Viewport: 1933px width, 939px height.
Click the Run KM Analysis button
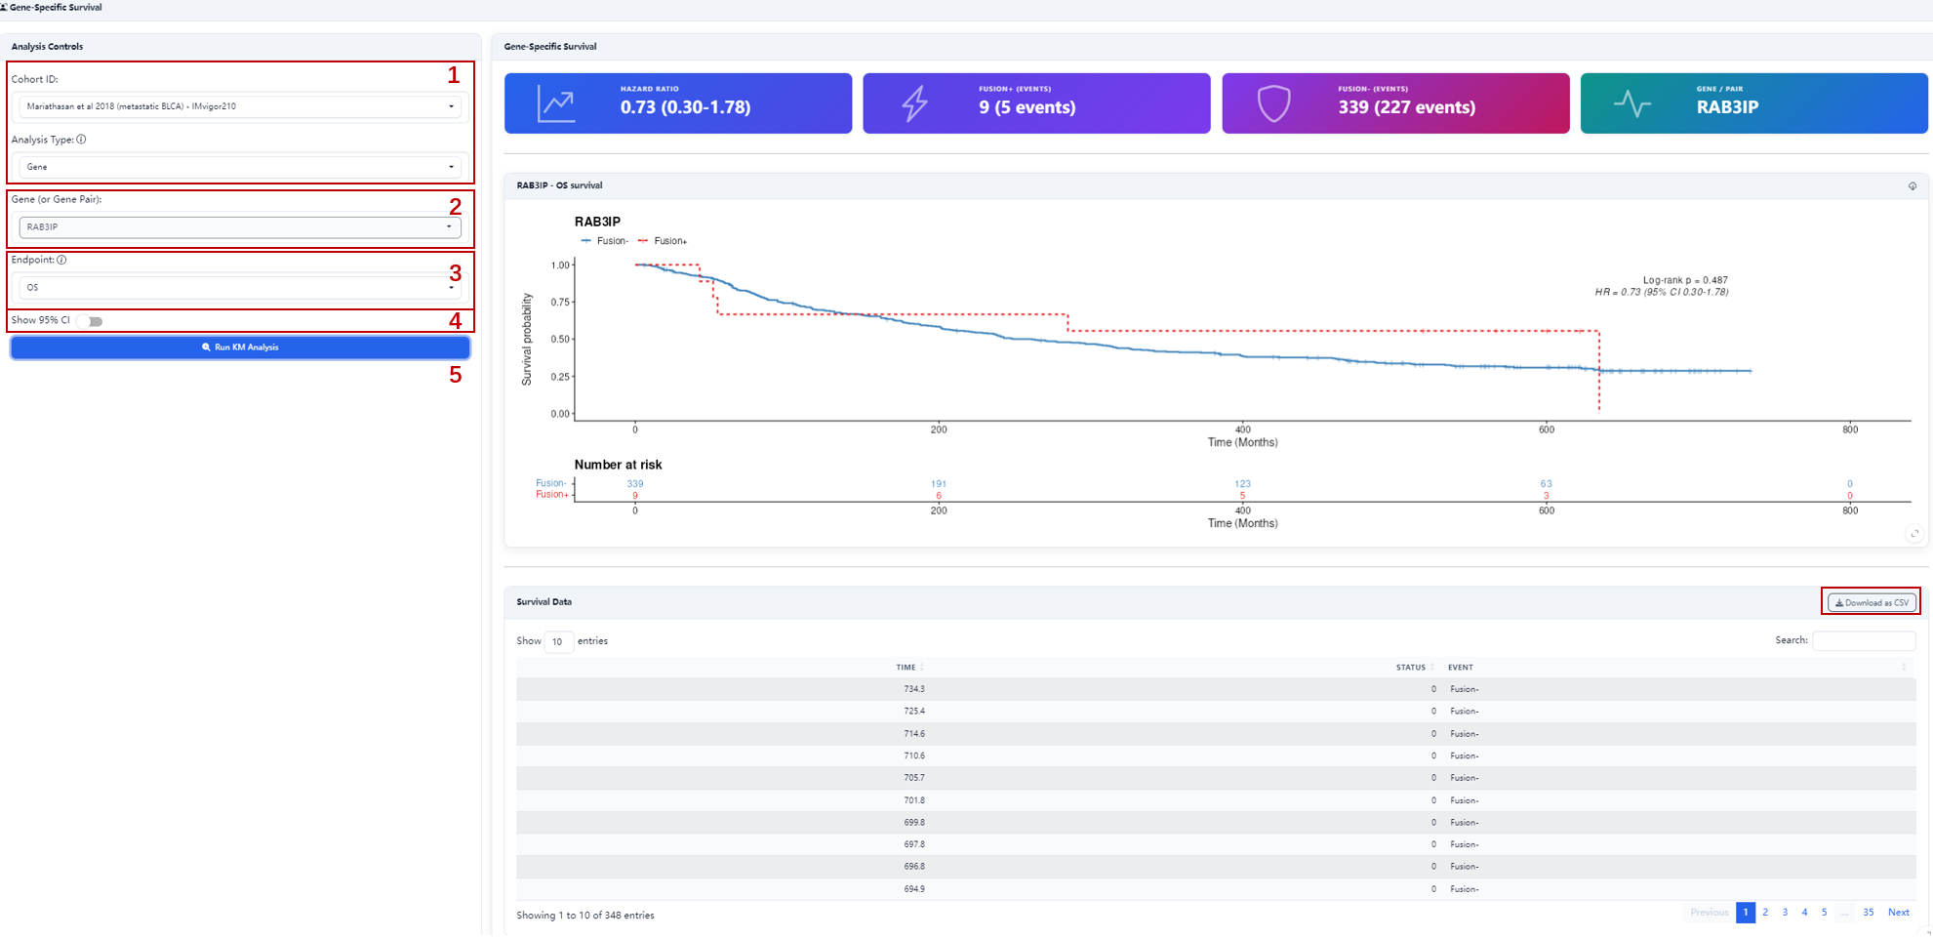pos(240,347)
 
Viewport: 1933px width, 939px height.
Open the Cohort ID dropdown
pos(240,106)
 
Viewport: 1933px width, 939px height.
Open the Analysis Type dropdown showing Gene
pos(240,167)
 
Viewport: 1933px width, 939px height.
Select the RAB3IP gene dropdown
pos(240,227)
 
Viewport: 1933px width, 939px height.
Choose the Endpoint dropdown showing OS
pos(240,288)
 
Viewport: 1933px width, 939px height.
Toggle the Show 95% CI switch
pos(91,321)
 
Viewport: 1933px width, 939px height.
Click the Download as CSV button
pos(1872,602)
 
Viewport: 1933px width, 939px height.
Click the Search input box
pos(1864,640)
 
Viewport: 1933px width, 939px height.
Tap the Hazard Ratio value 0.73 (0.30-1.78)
pos(685,107)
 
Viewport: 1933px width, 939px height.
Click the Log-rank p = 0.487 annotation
pos(1685,280)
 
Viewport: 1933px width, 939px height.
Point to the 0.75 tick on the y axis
pos(560,303)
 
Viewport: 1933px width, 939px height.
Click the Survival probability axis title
pos(527,340)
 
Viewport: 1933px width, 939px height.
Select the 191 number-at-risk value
pos(939,484)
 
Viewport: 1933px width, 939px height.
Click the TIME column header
pos(906,668)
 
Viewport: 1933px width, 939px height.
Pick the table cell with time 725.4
pos(914,712)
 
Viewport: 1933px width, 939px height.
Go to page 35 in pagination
pos(1868,913)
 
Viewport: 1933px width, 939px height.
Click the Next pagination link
pos(1898,913)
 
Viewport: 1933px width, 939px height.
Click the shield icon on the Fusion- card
pos(1273,103)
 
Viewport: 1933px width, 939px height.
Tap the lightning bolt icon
pos(914,103)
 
